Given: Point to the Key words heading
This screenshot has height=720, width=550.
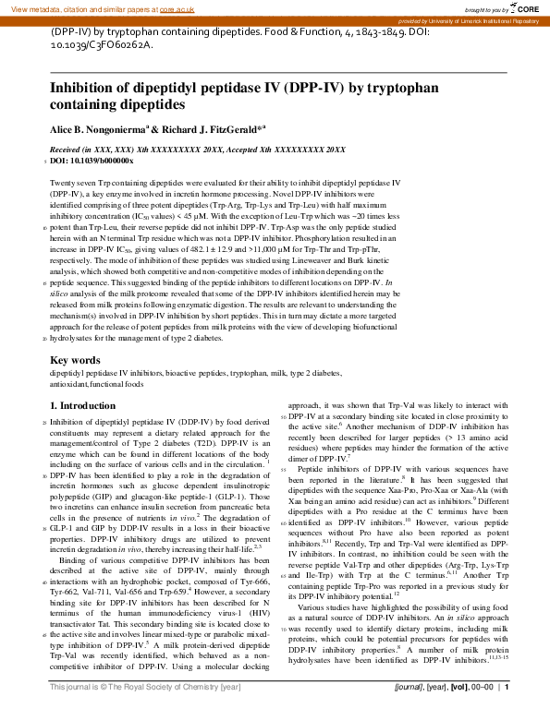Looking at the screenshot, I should [x=74, y=360].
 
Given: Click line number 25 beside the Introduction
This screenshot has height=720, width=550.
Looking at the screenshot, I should [x=44, y=422].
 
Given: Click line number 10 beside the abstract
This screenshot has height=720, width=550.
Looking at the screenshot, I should [x=44, y=226].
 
